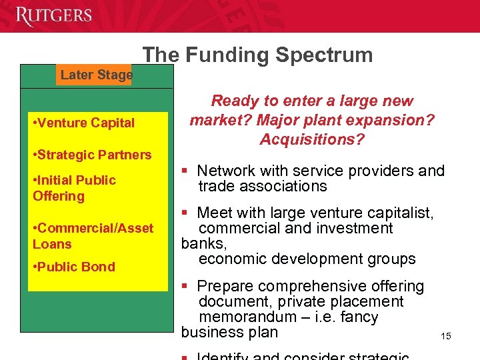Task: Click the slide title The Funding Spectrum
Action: pyautogui.click(x=257, y=55)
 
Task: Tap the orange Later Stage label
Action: pyautogui.click(x=96, y=75)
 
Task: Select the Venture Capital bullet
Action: pyautogui.click(x=83, y=123)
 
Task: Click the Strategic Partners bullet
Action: pyautogui.click(x=92, y=155)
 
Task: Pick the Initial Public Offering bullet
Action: pyautogui.click(x=74, y=188)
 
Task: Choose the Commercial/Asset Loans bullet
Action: pyautogui.click(x=93, y=236)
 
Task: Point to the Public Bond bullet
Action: pyautogui.click(x=73, y=267)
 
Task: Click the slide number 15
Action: pyautogui.click(x=445, y=336)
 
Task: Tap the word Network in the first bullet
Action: pyautogui.click(x=225, y=171)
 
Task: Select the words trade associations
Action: pyautogui.click(x=263, y=186)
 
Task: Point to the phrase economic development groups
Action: pyautogui.click(x=307, y=259)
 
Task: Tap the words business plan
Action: pyautogui.click(x=229, y=332)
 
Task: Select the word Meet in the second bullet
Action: pyautogui.click(x=215, y=213)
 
